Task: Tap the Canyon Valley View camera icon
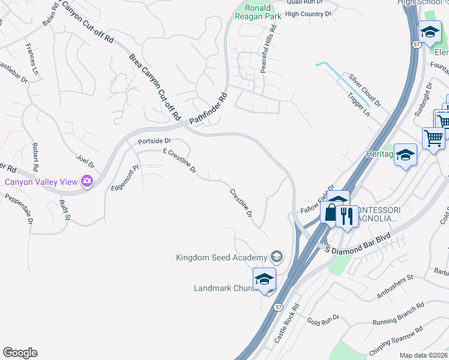pyautogui.click(x=88, y=181)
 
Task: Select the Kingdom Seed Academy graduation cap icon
pyautogui.click(x=276, y=257)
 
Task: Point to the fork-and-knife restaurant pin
pyautogui.click(x=346, y=215)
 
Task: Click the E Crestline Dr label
pyautogui.click(x=180, y=161)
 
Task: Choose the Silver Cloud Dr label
pyautogui.click(x=365, y=91)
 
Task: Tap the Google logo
pyautogui.click(x=20, y=353)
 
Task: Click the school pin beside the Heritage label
pyautogui.click(x=406, y=155)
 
